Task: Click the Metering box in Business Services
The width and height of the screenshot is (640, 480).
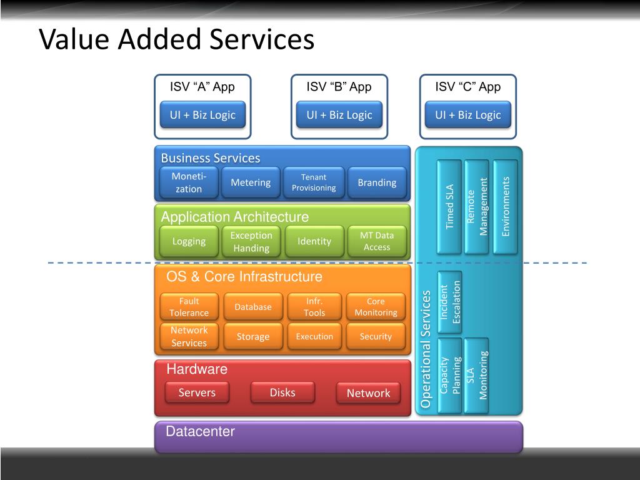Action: click(251, 182)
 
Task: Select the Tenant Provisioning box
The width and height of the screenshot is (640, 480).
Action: click(314, 182)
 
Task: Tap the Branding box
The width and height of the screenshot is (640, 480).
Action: click(377, 182)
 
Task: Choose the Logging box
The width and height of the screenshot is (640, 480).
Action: click(189, 241)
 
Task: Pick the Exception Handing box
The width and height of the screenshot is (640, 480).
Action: click(251, 241)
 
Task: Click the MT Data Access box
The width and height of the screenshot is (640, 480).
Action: click(377, 241)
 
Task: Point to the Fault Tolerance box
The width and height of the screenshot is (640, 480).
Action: click(189, 307)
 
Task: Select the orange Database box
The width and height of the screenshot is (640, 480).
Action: click(253, 307)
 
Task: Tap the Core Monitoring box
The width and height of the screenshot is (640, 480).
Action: click(376, 307)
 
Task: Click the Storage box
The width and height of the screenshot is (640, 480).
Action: click(253, 337)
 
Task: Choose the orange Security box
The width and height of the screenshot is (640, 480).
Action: click(376, 337)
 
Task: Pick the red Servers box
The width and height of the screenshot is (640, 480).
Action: click(197, 392)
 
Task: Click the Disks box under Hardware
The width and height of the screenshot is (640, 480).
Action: click(282, 392)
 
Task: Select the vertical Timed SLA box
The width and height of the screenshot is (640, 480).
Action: click(449, 206)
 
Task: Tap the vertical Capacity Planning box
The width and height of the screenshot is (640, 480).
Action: click(450, 375)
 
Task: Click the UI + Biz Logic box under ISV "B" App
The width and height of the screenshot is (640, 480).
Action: click(339, 115)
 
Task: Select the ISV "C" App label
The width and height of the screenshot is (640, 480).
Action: click(468, 87)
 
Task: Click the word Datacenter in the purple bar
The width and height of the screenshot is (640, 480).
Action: click(200, 432)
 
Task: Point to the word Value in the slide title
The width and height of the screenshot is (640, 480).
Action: click(74, 39)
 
